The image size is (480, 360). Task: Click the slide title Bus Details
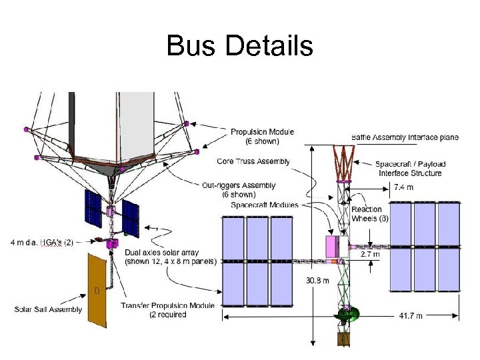click(239, 46)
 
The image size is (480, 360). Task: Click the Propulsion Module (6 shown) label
click(262, 137)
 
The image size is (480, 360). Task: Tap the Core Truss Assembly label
click(253, 161)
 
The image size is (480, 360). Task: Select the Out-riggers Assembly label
click(239, 190)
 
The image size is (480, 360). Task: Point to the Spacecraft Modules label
click(265, 205)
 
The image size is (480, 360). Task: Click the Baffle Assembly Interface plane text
click(405, 137)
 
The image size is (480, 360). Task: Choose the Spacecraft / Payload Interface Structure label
click(410, 169)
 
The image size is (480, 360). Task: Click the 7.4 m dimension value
click(403, 187)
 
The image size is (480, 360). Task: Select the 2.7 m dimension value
click(370, 254)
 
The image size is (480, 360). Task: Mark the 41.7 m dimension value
click(409, 315)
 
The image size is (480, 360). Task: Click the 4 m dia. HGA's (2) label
click(42, 241)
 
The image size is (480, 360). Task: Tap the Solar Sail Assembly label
click(48, 309)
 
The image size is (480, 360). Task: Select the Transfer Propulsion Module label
click(168, 310)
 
